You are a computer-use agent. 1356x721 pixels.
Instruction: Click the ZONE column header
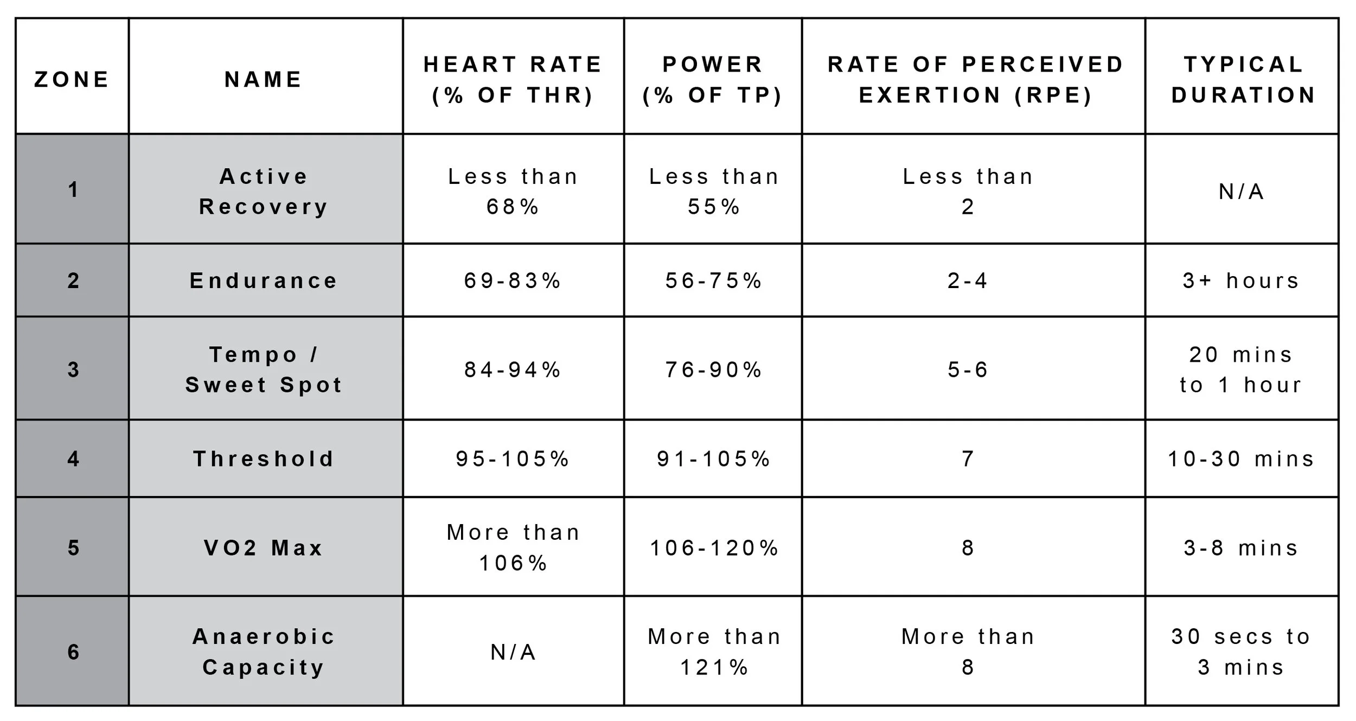[x=72, y=79]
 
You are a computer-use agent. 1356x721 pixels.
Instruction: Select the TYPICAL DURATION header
[x=1243, y=79]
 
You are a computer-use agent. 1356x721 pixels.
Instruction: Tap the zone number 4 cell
[x=73, y=459]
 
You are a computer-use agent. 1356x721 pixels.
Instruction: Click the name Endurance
[x=264, y=280]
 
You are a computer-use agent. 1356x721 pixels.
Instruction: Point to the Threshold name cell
[x=264, y=459]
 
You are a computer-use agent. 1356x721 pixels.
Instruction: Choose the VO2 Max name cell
[x=264, y=548]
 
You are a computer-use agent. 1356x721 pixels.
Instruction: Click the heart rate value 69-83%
[x=513, y=280]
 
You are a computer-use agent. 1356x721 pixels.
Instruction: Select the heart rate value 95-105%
[x=513, y=459]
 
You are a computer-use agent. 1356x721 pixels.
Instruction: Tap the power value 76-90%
[x=714, y=370]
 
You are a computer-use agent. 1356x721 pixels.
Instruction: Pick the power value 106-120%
[x=714, y=548]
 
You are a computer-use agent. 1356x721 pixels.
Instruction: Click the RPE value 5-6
[x=968, y=370]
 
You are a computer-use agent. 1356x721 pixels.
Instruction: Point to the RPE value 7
[x=968, y=459]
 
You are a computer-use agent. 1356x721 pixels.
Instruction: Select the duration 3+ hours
[x=1241, y=280]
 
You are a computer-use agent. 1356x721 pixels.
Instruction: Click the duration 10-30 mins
[x=1241, y=459]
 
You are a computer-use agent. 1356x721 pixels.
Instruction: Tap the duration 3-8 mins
[x=1241, y=548]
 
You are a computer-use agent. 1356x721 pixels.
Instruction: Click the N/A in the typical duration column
[x=1241, y=192]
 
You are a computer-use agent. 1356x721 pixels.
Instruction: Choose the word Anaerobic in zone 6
[x=264, y=636]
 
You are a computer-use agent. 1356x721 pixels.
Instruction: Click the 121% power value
[x=714, y=667]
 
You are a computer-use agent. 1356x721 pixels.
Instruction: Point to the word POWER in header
[x=713, y=64]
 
